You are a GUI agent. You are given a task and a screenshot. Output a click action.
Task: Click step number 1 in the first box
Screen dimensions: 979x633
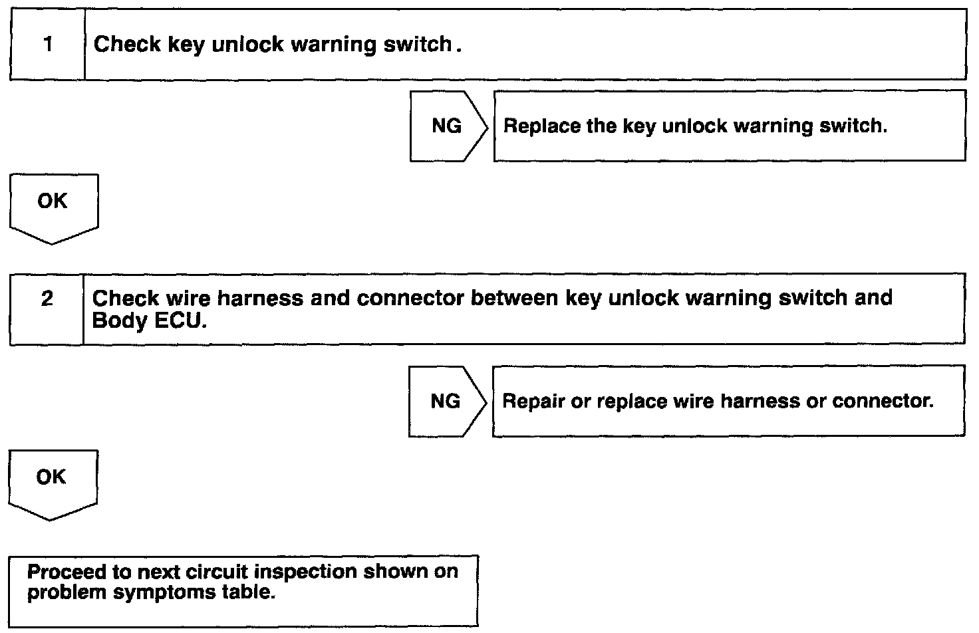click(x=47, y=45)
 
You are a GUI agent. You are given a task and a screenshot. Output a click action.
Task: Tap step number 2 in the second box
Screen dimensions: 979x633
click(x=47, y=299)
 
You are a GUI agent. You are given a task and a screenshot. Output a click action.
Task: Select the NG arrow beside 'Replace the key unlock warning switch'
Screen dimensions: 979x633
click(x=447, y=126)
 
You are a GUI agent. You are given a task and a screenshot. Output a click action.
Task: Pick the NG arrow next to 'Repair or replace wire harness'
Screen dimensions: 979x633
click(x=446, y=401)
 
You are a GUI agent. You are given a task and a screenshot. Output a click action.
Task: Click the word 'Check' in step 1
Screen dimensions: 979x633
click(x=127, y=45)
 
